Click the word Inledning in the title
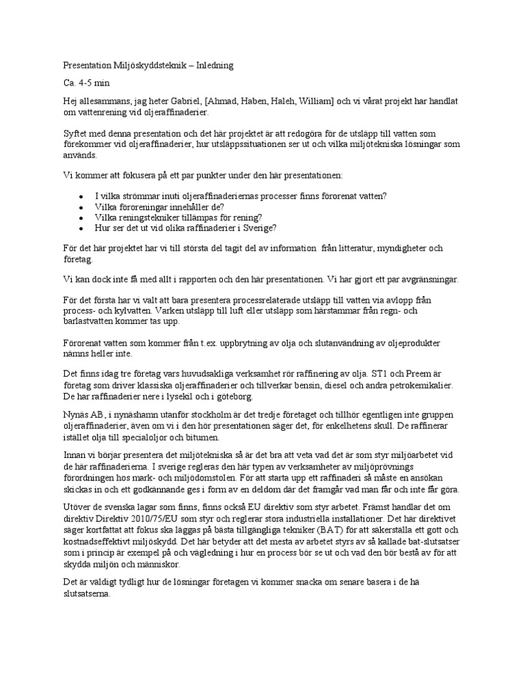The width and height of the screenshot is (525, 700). point(213,66)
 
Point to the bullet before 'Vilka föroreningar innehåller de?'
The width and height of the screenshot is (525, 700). point(81,208)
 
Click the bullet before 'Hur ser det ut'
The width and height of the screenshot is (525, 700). point(81,230)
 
